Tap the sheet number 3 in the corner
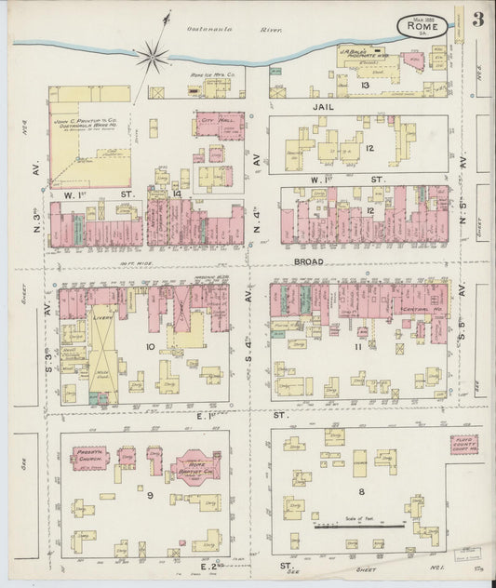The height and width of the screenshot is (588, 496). tap(476, 20)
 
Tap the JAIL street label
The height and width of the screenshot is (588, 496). tap(323, 109)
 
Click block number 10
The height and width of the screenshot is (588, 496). tap(148, 346)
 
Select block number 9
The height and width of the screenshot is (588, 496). tap(148, 495)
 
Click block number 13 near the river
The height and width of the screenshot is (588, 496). tap(367, 86)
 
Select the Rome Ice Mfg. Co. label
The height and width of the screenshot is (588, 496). tap(210, 73)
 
